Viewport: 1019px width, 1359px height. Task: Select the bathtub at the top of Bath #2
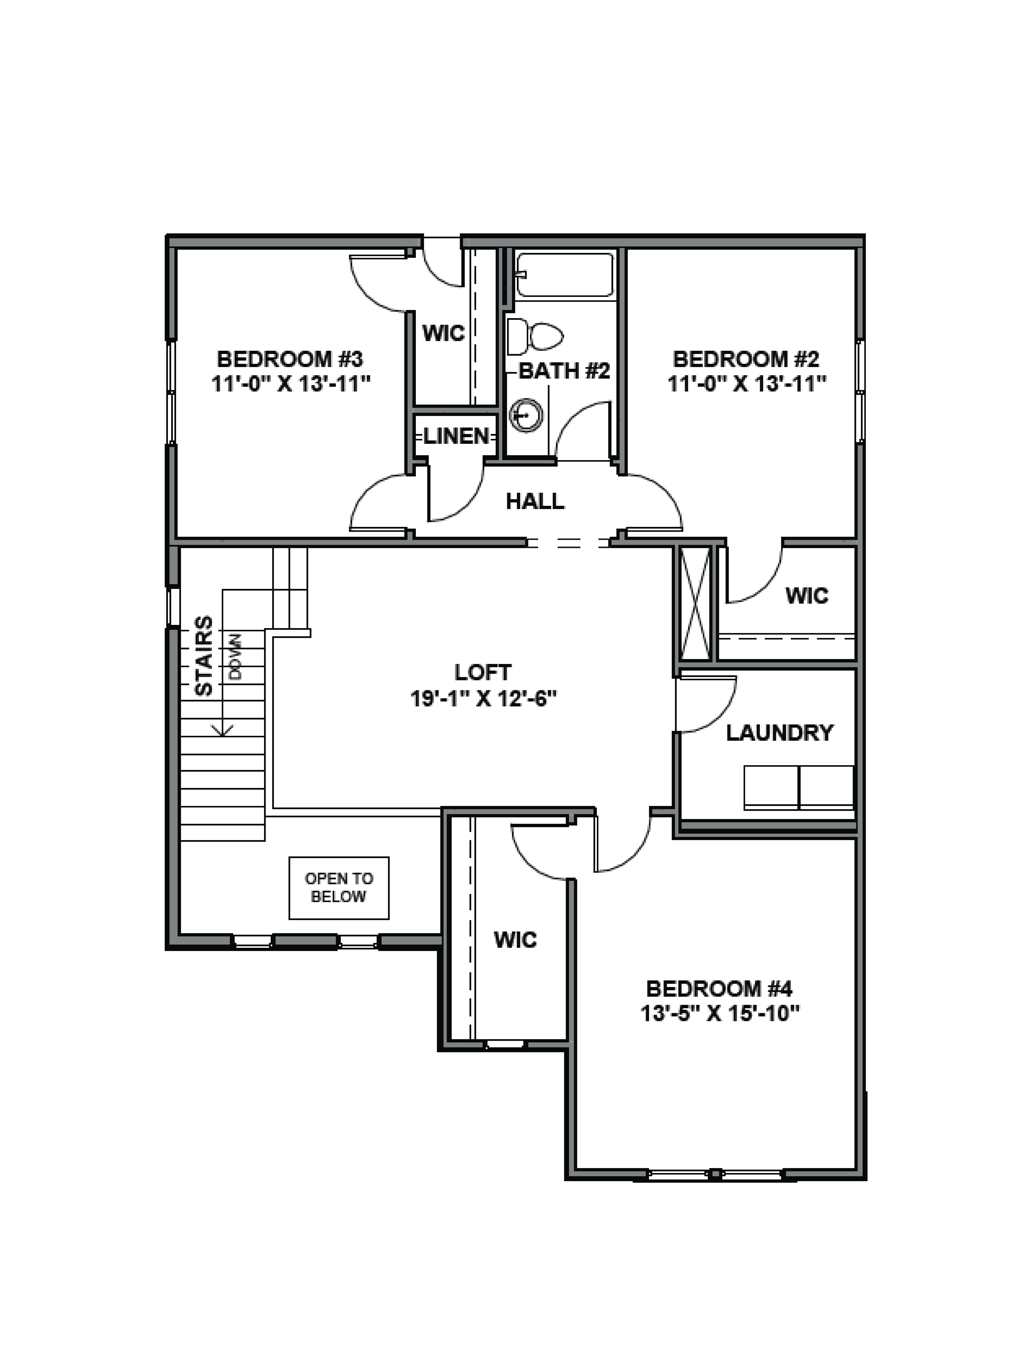tap(564, 275)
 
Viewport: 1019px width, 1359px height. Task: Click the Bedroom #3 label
tap(290, 359)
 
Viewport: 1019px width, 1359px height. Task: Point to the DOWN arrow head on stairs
tap(222, 730)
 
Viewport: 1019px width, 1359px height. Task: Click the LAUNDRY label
tap(779, 733)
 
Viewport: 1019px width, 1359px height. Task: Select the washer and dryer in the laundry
tap(798, 787)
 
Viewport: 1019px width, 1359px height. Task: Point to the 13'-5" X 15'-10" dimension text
tap(720, 1014)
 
